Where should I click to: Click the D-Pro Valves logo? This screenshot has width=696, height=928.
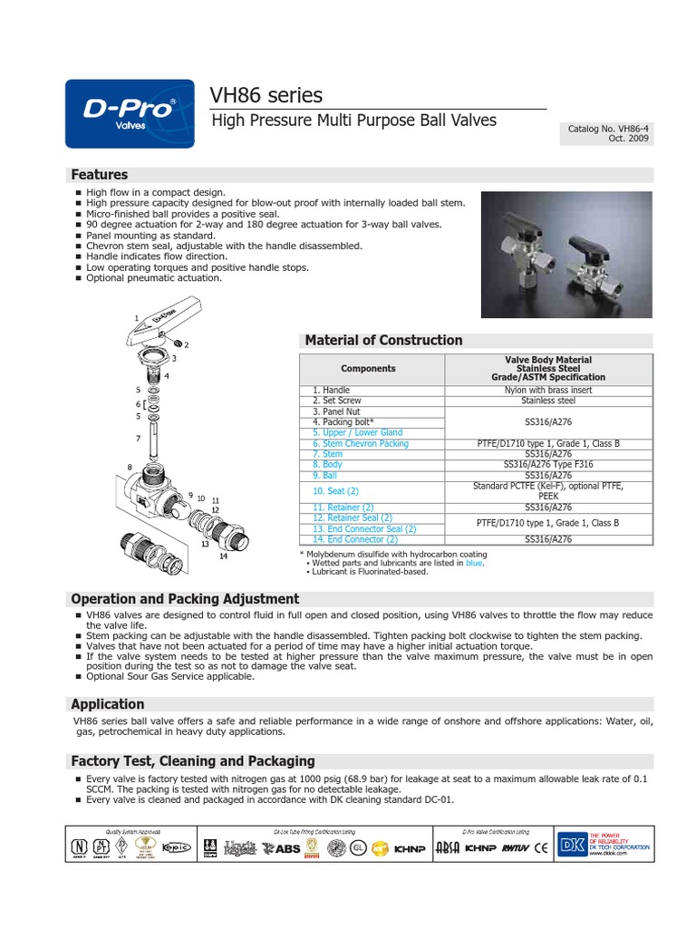click(130, 114)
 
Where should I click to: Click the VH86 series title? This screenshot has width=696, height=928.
click(266, 95)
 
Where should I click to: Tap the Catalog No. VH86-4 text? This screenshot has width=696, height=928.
click(608, 130)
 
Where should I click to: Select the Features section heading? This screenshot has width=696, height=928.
click(100, 174)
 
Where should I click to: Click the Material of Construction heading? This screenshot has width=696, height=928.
click(383, 340)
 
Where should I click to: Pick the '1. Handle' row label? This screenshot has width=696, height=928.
click(331, 390)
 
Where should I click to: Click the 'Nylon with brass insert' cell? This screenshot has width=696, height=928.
click(548, 390)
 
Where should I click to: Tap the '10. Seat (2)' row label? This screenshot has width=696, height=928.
click(335, 491)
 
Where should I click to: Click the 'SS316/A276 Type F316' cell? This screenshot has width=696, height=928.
click(548, 464)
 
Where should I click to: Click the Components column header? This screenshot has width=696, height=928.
click(368, 369)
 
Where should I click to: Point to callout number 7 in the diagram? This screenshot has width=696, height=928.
click(139, 438)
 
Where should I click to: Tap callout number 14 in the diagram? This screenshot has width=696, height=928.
click(223, 556)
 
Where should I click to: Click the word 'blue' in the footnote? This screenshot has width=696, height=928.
click(473, 563)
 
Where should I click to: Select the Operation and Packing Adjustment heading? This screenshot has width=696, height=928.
click(185, 598)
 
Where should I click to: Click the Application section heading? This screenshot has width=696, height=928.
click(108, 703)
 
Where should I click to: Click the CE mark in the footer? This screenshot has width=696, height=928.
click(541, 848)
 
